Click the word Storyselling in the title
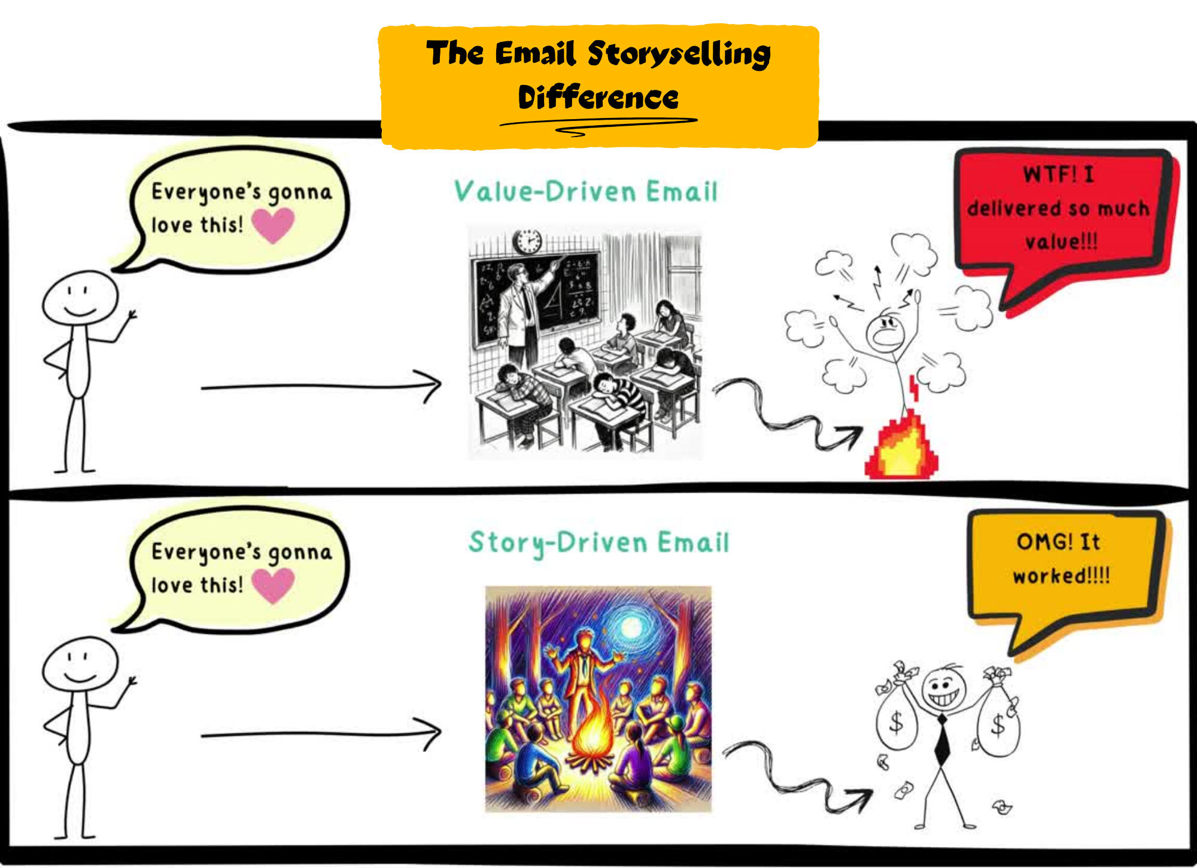(x=679, y=54)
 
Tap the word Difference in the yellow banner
(x=598, y=98)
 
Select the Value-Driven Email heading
(x=585, y=192)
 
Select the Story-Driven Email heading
(x=598, y=542)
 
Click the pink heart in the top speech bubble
(x=273, y=224)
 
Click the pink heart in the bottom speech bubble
(x=273, y=584)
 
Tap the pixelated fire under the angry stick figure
(x=901, y=446)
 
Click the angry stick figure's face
(x=886, y=333)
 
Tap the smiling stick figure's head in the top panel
(x=80, y=298)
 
